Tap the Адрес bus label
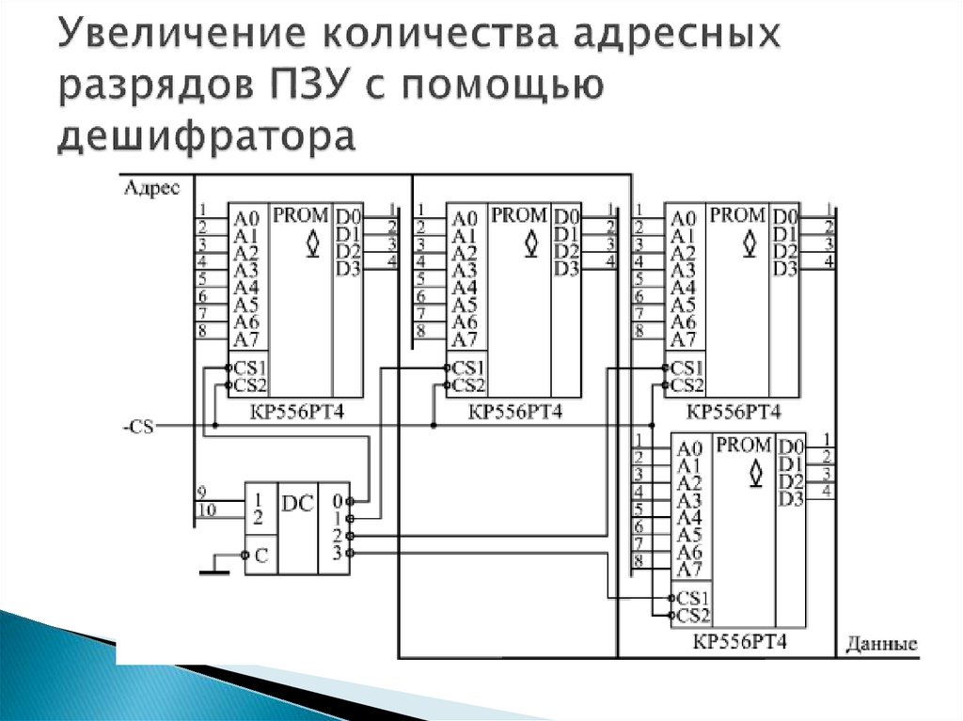click(150, 188)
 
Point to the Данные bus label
click(880, 645)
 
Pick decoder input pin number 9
click(201, 493)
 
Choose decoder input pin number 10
click(206, 510)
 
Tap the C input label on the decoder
click(260, 556)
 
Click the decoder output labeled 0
click(336, 501)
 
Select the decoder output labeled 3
click(336, 553)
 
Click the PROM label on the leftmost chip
click(300, 215)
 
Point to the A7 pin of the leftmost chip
click(245, 339)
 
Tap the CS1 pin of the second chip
click(467, 368)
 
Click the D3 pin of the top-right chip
click(784, 270)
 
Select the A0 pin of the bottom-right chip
click(689, 448)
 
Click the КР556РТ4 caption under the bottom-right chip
click(739, 643)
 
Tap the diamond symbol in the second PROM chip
click(531, 243)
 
